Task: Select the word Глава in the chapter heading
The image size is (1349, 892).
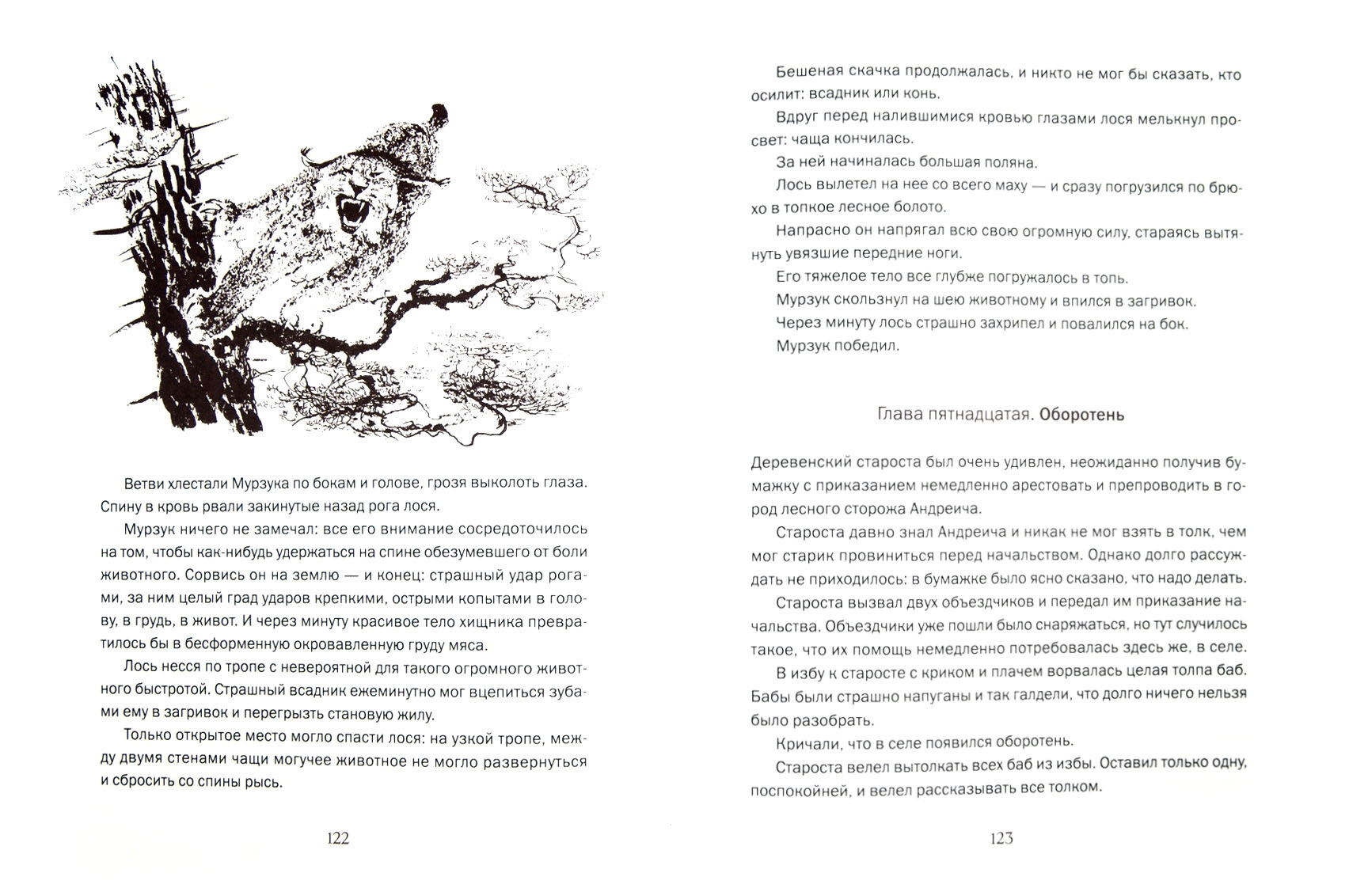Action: tap(900, 416)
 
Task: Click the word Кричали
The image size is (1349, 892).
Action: tap(807, 742)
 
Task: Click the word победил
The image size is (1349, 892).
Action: tap(868, 346)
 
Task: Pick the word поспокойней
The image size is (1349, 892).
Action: tap(796, 788)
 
